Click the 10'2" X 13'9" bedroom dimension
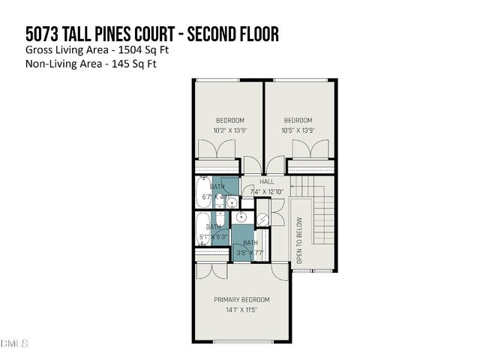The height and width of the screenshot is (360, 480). pyautogui.click(x=229, y=130)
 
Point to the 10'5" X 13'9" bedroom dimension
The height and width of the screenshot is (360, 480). pyautogui.click(x=298, y=130)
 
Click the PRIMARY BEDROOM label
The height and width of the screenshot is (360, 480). pyautogui.click(x=241, y=299)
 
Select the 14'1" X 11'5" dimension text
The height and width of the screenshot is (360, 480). pyautogui.click(x=241, y=310)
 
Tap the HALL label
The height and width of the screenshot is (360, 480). pyautogui.click(x=267, y=182)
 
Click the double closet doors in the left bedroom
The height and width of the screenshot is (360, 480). pyautogui.click(x=218, y=150)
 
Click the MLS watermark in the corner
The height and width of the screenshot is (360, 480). pyautogui.click(x=14, y=343)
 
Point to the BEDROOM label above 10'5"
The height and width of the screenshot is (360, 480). pyautogui.click(x=298, y=120)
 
